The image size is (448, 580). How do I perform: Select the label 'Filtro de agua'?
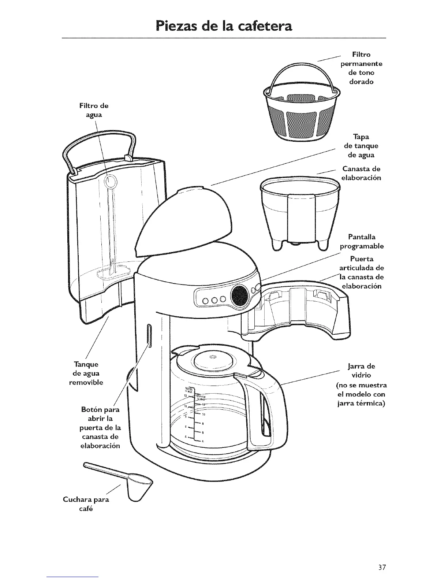click(x=94, y=110)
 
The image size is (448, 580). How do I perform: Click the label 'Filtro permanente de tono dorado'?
click(x=361, y=68)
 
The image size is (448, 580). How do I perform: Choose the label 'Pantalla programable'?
click(x=362, y=241)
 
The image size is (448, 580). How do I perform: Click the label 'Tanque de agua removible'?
click(x=86, y=373)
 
